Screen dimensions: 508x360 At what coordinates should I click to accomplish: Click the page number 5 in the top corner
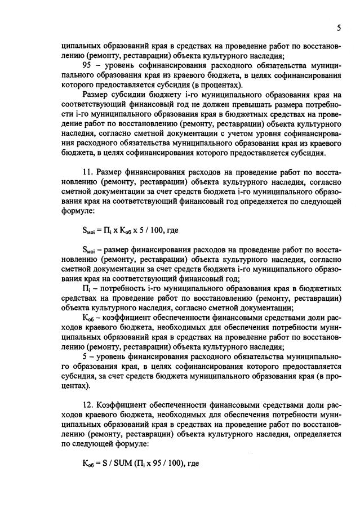(x=339, y=28)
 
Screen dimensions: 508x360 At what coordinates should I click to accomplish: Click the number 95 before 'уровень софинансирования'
(x=87, y=65)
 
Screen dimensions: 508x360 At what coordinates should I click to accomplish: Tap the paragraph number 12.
(x=88, y=407)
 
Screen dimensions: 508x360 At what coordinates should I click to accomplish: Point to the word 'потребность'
(x=121, y=288)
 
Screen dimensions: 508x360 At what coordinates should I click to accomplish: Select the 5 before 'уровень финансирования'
(x=85, y=358)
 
